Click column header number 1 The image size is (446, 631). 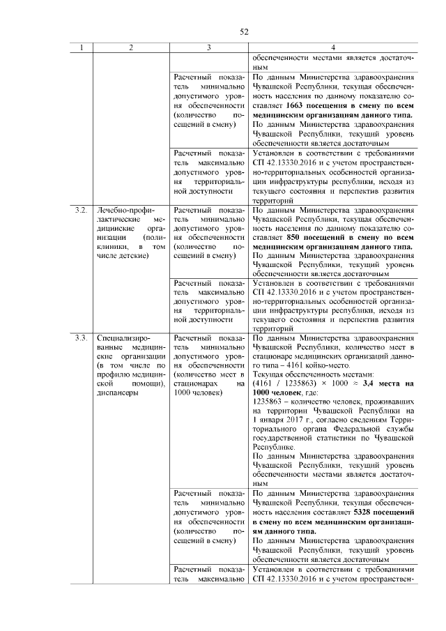click(82, 48)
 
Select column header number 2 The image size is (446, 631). click(130, 48)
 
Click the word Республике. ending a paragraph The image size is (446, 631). click(273, 447)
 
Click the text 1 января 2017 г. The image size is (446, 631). click(285, 420)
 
